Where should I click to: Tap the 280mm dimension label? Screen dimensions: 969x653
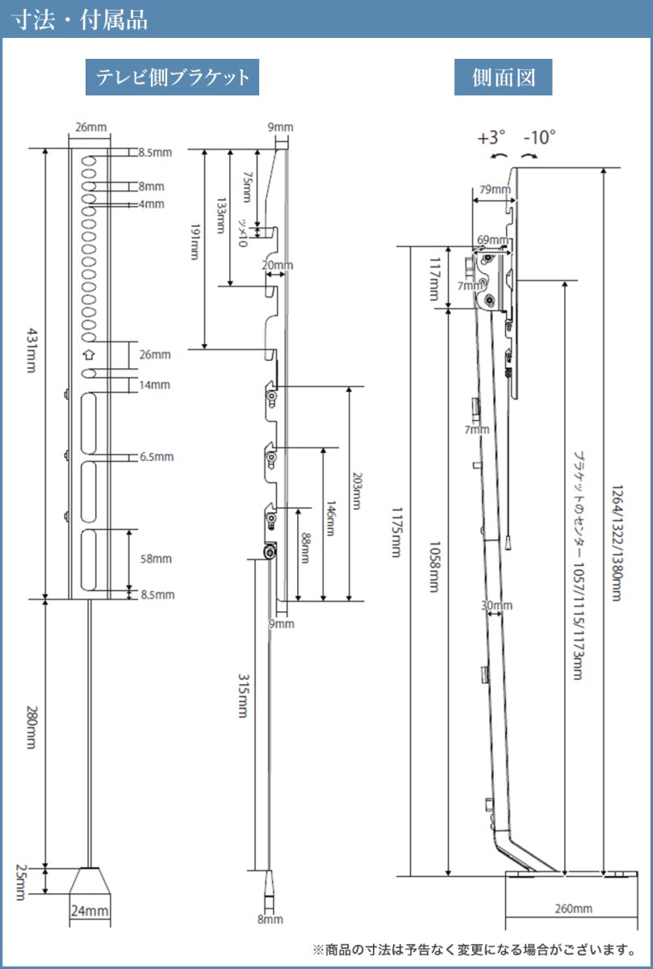tap(31, 728)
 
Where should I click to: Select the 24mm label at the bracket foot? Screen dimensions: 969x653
tap(89, 912)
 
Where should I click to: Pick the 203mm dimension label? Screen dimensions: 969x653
tap(359, 494)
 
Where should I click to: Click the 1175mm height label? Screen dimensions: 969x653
tap(396, 532)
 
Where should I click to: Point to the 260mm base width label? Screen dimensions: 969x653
tap(573, 908)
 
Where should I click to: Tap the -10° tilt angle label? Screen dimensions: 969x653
tap(540, 137)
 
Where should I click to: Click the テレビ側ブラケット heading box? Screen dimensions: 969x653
tap(172, 78)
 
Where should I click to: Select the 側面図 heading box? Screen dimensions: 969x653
tap(503, 78)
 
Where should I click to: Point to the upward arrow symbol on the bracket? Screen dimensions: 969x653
tap(89, 354)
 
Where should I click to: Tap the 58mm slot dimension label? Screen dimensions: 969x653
tap(156, 559)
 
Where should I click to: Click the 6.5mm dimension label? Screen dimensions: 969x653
tap(157, 456)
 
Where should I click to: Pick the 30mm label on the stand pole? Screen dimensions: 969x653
tap(496, 605)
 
